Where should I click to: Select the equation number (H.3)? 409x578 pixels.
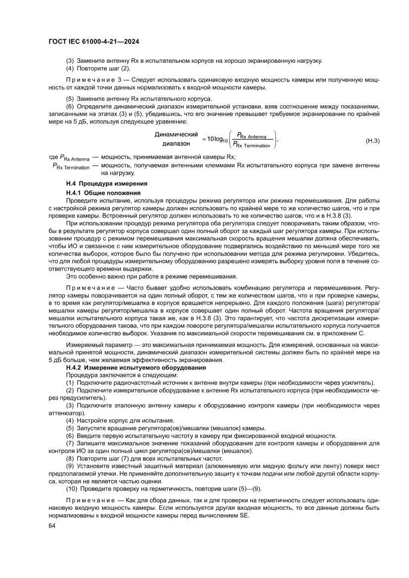coord(372,141)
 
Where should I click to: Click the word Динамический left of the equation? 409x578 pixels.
coord(176,134)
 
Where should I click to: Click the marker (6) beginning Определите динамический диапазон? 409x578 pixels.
coord(70,107)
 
